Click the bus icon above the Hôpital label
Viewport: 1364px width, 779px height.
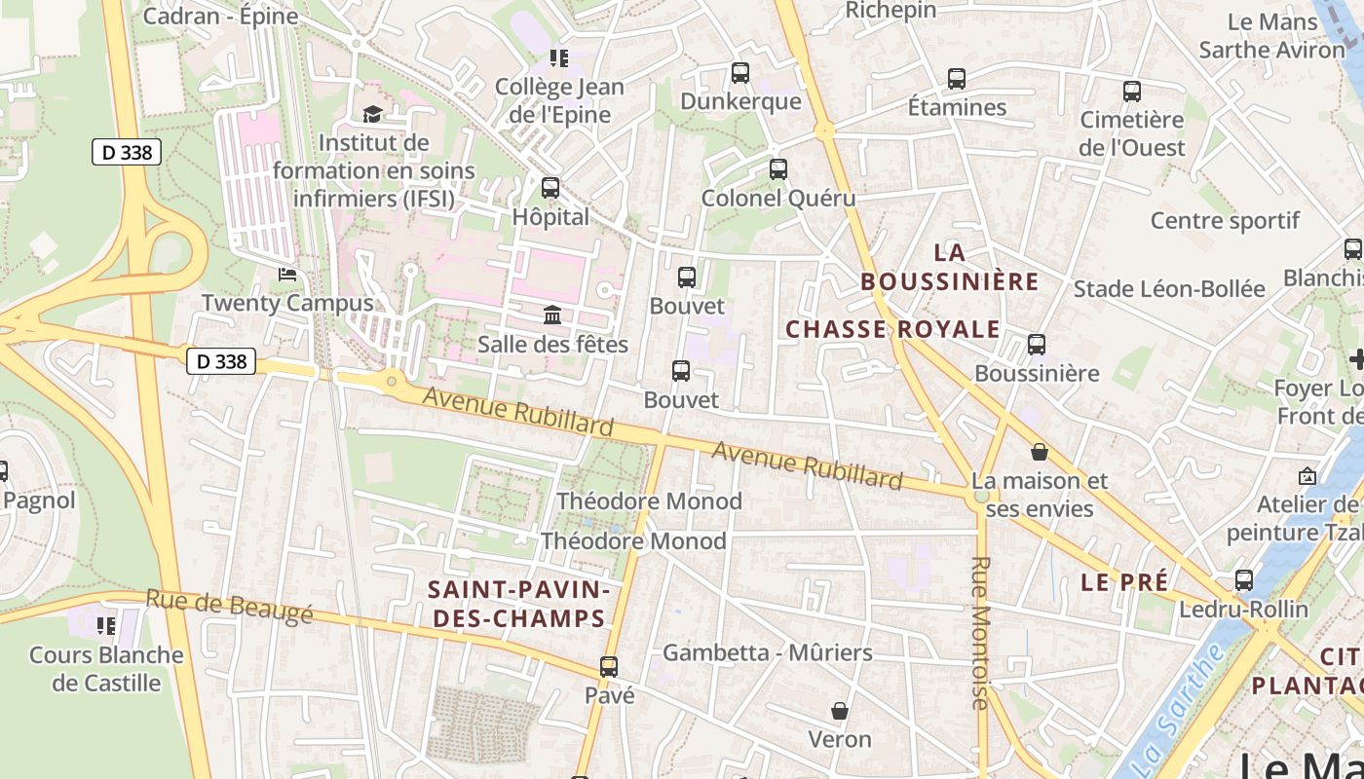tap(550, 188)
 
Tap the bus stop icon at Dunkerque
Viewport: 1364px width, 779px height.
tap(740, 73)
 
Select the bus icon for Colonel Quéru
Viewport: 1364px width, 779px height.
tap(777, 169)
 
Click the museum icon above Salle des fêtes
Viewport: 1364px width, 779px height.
tap(552, 315)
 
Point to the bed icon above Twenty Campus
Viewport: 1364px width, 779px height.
tap(287, 275)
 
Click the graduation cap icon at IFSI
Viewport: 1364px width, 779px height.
tap(372, 114)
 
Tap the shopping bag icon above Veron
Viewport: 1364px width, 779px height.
tap(839, 711)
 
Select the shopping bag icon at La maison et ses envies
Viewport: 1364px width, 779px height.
tap(1040, 452)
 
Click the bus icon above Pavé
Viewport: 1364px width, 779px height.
tap(609, 667)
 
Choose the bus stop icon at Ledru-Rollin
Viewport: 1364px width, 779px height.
tap(1244, 580)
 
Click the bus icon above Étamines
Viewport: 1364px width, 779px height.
tap(957, 79)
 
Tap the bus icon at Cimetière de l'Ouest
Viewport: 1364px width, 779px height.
tap(1132, 92)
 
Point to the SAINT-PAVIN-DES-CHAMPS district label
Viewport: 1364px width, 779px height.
tap(519, 604)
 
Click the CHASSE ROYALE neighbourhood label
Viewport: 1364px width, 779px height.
tap(892, 329)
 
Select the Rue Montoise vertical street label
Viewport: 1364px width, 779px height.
tap(980, 633)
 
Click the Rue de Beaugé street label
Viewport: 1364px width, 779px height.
tap(230, 606)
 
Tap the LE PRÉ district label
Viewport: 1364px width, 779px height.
tap(1124, 582)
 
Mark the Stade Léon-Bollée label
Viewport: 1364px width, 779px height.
tap(1169, 289)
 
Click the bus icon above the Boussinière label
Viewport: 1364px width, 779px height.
tap(1037, 345)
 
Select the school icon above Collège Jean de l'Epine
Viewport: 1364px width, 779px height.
tap(558, 58)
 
